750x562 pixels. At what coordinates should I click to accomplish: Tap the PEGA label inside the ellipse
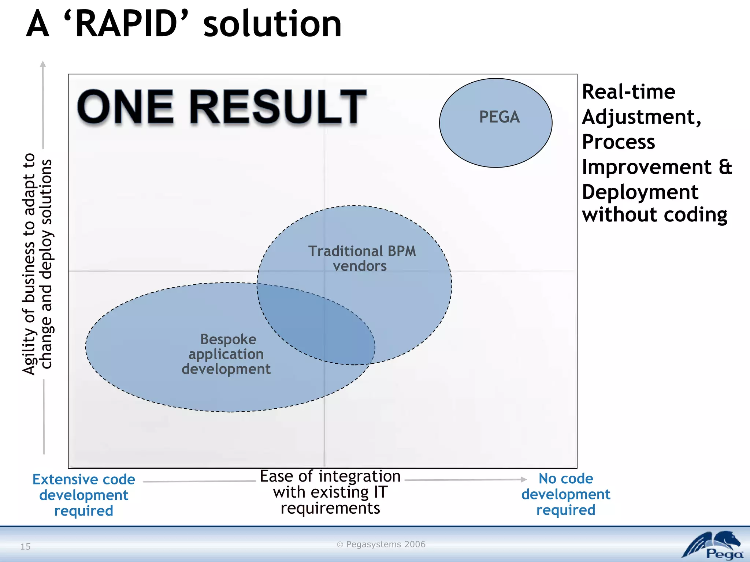point(499,117)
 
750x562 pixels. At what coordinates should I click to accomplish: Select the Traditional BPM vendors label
point(361,258)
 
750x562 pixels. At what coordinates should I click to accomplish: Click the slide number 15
point(25,547)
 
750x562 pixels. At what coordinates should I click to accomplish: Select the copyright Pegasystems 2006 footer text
point(381,544)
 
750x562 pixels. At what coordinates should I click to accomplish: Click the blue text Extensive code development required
point(84,495)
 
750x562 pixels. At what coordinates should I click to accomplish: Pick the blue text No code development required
point(566,494)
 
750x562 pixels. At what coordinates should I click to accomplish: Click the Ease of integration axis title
point(330,492)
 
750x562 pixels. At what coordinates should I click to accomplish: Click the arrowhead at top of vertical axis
point(43,64)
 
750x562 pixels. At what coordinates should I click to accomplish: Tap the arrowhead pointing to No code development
point(524,479)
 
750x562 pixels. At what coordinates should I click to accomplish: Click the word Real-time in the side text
point(628,91)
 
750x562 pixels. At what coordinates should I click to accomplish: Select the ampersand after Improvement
point(725,167)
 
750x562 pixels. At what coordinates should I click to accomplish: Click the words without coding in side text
point(654,214)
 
